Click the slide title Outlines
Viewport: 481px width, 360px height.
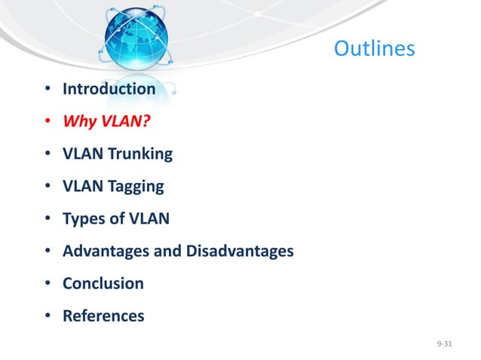tap(374, 49)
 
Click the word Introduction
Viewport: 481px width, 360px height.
tap(109, 89)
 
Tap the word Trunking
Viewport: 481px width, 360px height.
tap(140, 154)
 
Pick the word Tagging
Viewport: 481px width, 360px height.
tap(136, 187)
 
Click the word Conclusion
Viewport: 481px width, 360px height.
tap(103, 284)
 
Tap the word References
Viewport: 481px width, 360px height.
tap(103, 316)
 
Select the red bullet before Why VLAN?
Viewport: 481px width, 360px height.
tap(47, 122)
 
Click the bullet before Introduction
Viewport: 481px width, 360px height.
tap(47, 90)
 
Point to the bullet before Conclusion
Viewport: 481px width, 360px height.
tap(47, 285)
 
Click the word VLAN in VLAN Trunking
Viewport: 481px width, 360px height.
tap(82, 154)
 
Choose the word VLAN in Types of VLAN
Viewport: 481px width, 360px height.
tap(151, 219)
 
